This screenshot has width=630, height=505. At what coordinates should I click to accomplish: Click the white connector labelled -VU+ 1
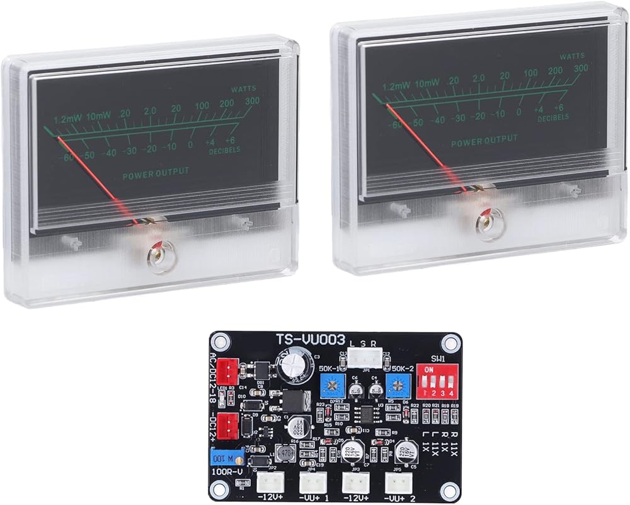(311, 484)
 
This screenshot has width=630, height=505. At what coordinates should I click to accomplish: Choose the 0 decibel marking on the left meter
(190, 146)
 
